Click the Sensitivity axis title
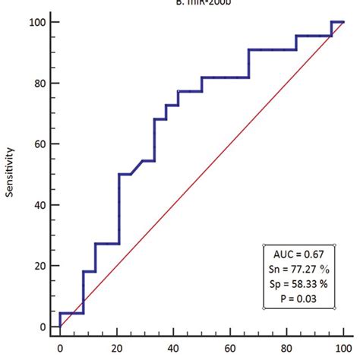click(x=10, y=174)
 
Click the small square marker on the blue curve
click(x=178, y=91)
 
